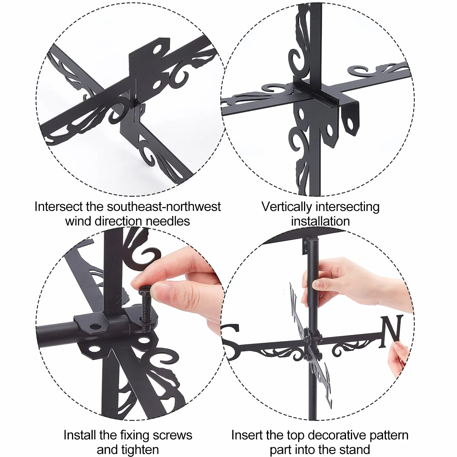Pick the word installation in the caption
pos(321,221)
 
